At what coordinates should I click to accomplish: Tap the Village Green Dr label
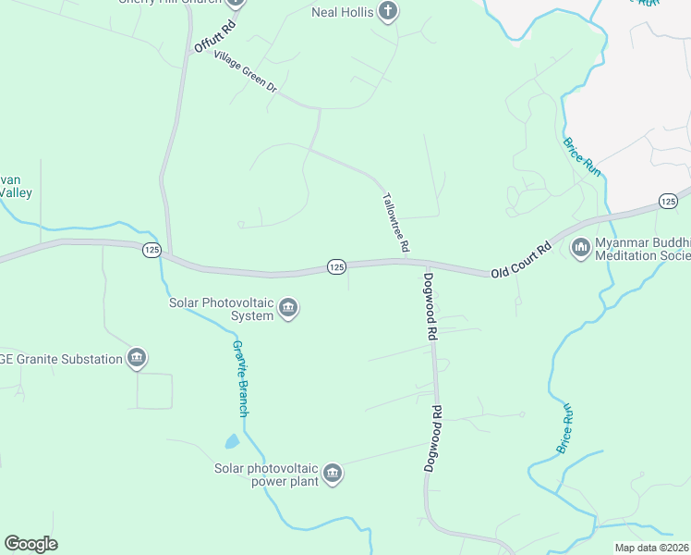click(245, 70)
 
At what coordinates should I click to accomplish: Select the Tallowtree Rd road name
click(395, 222)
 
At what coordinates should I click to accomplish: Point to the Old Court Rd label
click(521, 260)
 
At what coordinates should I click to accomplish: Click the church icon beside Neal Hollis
click(389, 13)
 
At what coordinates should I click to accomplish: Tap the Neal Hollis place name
click(340, 13)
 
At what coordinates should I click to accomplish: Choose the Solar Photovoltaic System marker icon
click(288, 309)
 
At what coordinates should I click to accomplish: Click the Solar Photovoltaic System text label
click(221, 308)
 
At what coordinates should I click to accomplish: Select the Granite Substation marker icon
click(137, 358)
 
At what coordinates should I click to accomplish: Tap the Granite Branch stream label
click(241, 377)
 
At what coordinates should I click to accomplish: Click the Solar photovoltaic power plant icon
click(333, 475)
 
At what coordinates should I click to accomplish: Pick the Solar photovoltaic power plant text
click(266, 475)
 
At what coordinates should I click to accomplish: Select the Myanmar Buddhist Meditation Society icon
click(581, 247)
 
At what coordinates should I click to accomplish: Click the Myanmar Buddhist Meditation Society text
click(643, 249)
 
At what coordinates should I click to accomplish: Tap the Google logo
click(30, 544)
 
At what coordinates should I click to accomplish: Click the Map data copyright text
click(651, 548)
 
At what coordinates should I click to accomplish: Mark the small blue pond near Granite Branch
click(232, 442)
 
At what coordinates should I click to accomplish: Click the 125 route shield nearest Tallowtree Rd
click(336, 266)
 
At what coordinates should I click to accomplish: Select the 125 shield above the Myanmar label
click(669, 201)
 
